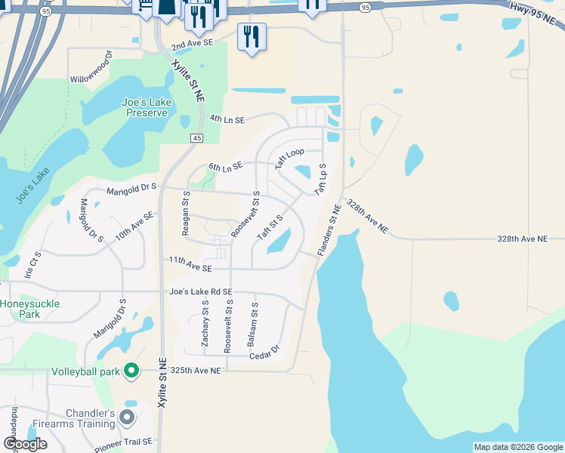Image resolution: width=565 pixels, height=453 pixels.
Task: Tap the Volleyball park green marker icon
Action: [x=131, y=371]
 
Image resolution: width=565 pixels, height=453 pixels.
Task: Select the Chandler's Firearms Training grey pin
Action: [x=127, y=417]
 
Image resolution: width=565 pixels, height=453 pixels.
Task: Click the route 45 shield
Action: [x=196, y=138]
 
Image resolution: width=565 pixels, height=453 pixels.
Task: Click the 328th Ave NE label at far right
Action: [x=522, y=239]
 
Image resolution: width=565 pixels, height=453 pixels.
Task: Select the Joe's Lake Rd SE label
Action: [x=201, y=292]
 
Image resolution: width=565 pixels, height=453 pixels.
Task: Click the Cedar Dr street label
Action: [x=264, y=352]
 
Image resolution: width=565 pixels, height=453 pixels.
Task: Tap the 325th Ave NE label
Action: [x=195, y=371]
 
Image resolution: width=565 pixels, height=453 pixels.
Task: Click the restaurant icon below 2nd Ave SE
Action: [x=251, y=36]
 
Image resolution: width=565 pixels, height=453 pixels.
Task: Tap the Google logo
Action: [x=25, y=444]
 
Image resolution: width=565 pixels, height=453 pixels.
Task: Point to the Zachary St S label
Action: [x=205, y=323]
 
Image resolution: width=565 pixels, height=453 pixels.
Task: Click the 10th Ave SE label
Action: [x=134, y=226]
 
